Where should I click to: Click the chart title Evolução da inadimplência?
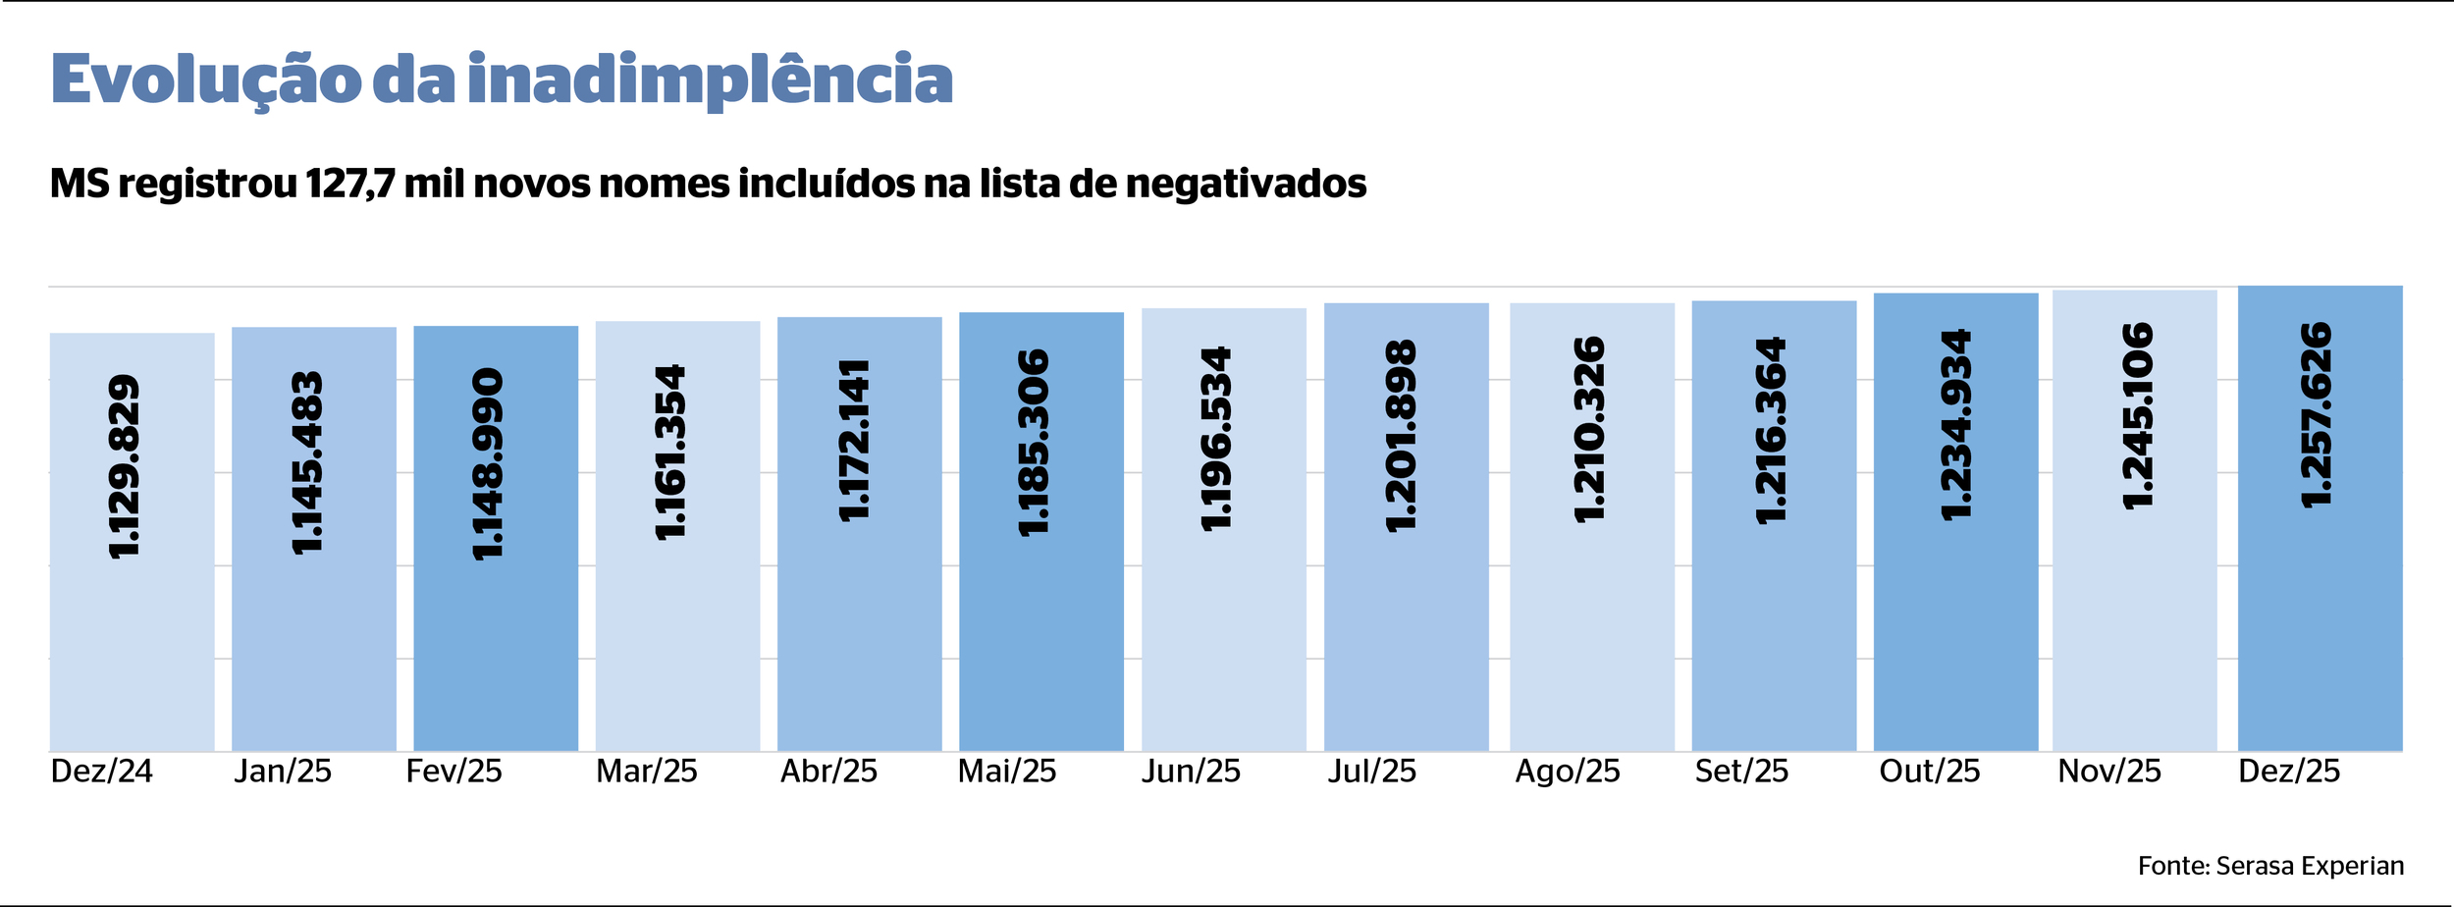coord(502,80)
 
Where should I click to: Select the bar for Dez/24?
coord(132,638)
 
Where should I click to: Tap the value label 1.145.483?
coord(307,462)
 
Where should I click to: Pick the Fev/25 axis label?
coord(453,772)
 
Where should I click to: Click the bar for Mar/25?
coord(677,638)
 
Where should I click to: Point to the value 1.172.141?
coord(854,440)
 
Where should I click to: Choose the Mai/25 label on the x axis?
coord(1007,772)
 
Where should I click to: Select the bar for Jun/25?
coord(1223,638)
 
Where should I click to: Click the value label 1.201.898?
coord(1402,436)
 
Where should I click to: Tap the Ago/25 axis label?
coord(1568,772)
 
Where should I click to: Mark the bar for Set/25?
coord(1774,638)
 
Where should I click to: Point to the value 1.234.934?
coord(1956,424)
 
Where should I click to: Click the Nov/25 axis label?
coord(2109,772)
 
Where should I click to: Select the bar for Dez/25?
coord(2320,638)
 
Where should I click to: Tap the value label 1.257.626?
coord(2318,414)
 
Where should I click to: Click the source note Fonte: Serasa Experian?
coord(2270,866)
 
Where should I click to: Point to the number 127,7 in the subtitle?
coord(349,184)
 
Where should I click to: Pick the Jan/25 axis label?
coord(283,772)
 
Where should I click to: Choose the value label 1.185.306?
coord(1035,443)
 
